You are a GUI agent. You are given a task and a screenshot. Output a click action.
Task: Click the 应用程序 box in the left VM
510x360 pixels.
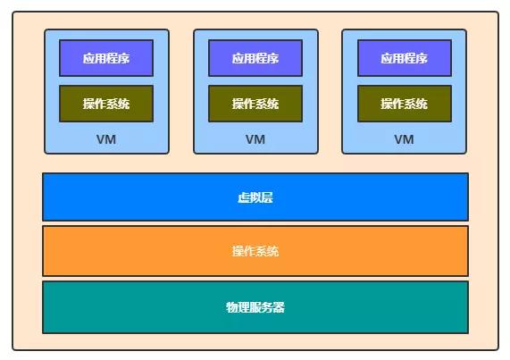[106, 58]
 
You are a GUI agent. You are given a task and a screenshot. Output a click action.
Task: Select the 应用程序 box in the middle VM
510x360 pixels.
[255, 58]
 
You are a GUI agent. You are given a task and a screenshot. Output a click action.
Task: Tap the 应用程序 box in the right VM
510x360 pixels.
[404, 58]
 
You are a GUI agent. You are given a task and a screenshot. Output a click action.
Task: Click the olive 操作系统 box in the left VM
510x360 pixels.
[106, 104]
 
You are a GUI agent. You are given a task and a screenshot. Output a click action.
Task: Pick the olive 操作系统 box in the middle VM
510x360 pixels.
[255, 104]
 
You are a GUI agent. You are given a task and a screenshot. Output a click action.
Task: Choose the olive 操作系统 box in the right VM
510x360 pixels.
[404, 104]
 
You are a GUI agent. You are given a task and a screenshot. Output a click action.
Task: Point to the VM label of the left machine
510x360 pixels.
[106, 139]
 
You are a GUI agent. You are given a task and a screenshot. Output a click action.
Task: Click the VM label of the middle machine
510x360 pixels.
[255, 139]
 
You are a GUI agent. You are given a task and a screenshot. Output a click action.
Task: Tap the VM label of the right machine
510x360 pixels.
[404, 139]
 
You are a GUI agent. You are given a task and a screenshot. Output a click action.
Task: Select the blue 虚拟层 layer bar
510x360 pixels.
[134, 197]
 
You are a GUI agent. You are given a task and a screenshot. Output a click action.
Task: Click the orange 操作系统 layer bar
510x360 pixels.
[134, 251]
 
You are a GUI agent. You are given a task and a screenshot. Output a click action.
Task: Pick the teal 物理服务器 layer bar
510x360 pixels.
[134, 307]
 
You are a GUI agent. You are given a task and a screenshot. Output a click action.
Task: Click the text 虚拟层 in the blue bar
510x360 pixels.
[255, 197]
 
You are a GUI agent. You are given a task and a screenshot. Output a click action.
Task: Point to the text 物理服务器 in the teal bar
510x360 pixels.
[255, 307]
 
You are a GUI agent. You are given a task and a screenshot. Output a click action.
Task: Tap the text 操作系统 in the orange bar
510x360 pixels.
[255, 251]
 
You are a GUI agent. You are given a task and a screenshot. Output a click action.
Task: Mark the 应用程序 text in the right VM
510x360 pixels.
[404, 58]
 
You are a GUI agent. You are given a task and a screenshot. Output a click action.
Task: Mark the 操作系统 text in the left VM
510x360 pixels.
[106, 104]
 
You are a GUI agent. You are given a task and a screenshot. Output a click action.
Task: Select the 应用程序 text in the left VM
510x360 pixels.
[106, 58]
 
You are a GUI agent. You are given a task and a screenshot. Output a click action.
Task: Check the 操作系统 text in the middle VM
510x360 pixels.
[255, 104]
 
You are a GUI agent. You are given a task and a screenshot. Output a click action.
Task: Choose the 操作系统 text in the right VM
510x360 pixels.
[404, 104]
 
